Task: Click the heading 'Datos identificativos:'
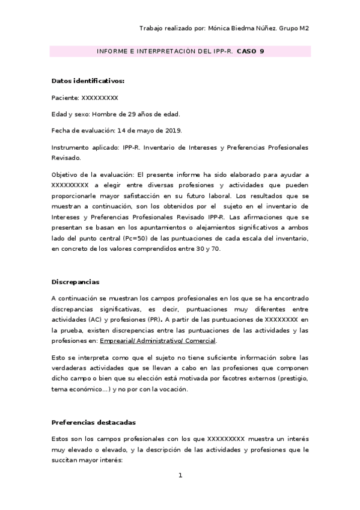pos(88,81)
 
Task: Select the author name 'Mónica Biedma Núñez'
pos(245,28)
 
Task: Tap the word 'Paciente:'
pos(66,97)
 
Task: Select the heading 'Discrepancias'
pos(76,281)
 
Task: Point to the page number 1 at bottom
pos(180,476)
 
